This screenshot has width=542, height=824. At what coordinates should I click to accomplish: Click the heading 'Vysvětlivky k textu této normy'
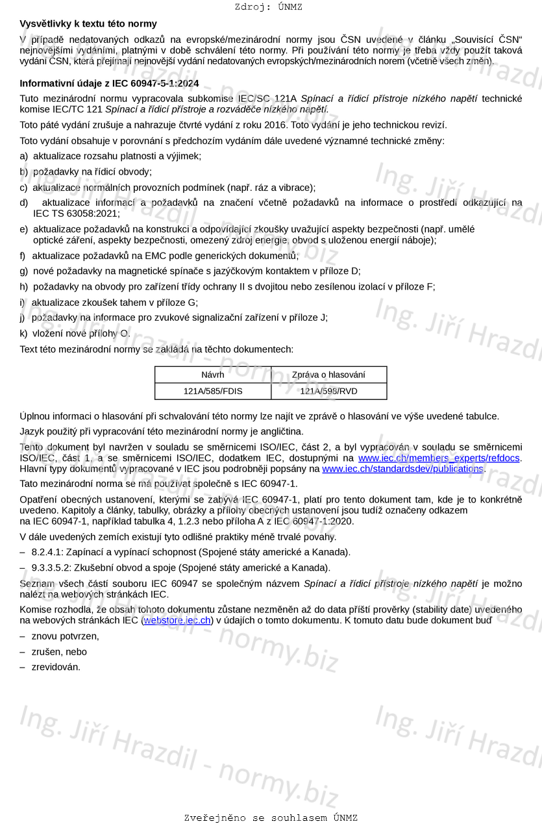(88, 24)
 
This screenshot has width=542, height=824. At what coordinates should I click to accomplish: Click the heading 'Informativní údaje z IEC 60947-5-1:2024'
(109, 83)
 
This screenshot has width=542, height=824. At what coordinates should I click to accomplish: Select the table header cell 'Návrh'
(212, 375)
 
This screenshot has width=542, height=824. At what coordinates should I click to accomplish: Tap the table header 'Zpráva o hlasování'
(328, 375)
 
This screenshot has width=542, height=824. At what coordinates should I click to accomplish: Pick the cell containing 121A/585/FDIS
(212, 391)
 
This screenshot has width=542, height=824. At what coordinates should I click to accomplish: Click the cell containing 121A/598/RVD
(328, 391)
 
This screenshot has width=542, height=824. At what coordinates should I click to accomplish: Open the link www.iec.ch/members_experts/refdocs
(439, 458)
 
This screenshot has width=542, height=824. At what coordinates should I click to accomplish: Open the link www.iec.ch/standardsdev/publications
(402, 469)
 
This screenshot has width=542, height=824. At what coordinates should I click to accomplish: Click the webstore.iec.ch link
(177, 620)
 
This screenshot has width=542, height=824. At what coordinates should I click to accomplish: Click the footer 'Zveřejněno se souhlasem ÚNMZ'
(271, 818)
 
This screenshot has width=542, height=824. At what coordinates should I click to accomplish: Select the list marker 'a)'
(24, 156)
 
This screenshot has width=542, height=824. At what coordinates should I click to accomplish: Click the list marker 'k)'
(24, 334)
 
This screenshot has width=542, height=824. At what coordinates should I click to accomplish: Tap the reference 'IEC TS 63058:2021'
(76, 213)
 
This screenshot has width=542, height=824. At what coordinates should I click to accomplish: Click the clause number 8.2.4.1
(48, 553)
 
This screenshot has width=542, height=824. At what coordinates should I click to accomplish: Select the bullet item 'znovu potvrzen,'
(65, 636)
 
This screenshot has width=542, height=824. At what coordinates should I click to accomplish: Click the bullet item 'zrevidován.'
(56, 667)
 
